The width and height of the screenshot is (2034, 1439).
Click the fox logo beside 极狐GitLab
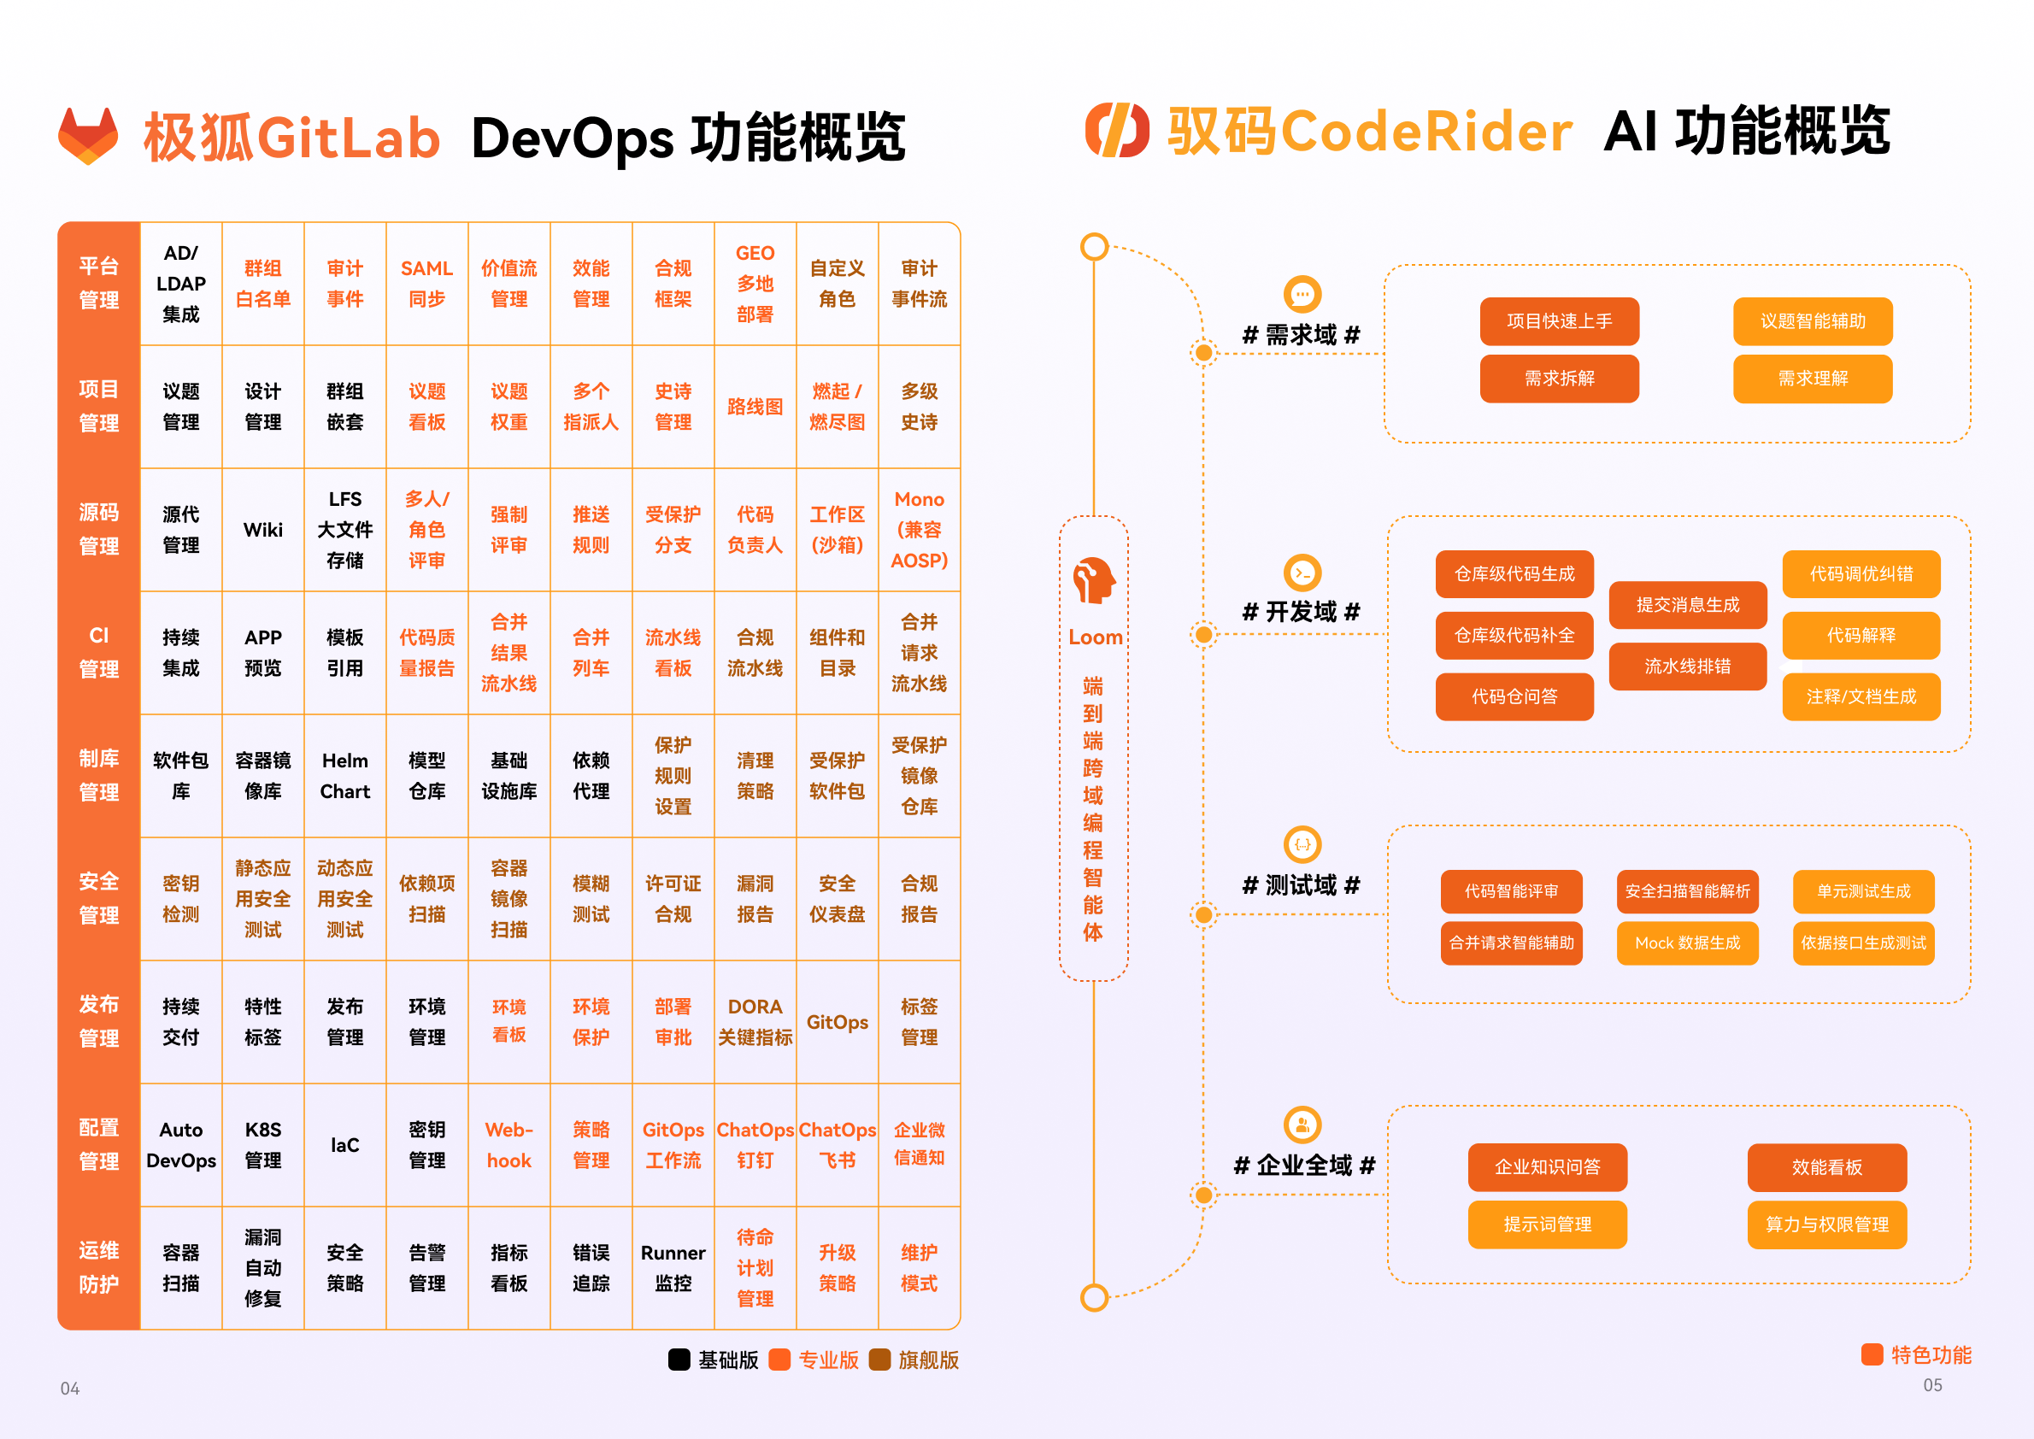(x=88, y=136)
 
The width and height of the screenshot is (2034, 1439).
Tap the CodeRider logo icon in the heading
(x=1117, y=130)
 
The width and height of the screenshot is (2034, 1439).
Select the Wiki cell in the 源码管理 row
(x=263, y=530)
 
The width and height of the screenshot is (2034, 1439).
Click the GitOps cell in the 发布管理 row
(x=838, y=1022)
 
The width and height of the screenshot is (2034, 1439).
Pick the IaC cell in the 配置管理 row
(x=344, y=1145)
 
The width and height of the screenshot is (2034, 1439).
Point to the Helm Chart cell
(x=344, y=776)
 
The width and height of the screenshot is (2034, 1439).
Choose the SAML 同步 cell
(x=427, y=284)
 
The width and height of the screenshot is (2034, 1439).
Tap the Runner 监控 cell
(x=673, y=1268)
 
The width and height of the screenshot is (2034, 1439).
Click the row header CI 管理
(x=99, y=652)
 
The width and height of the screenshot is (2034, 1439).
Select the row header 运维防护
(x=99, y=1268)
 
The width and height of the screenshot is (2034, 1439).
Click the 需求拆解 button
(x=1559, y=379)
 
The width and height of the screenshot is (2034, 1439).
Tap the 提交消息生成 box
(x=1688, y=604)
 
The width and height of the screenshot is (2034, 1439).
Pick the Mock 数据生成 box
(x=1688, y=943)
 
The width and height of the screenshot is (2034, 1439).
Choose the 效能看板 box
(x=1826, y=1167)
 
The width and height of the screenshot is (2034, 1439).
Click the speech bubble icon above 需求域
(x=1302, y=294)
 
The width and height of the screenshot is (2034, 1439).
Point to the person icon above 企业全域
(x=1302, y=1125)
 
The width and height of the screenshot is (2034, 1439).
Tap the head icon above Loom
(x=1094, y=580)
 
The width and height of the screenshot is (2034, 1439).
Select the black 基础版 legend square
(x=679, y=1360)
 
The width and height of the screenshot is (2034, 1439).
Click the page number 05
(x=1933, y=1385)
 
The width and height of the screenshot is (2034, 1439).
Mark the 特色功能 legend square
(x=1872, y=1354)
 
